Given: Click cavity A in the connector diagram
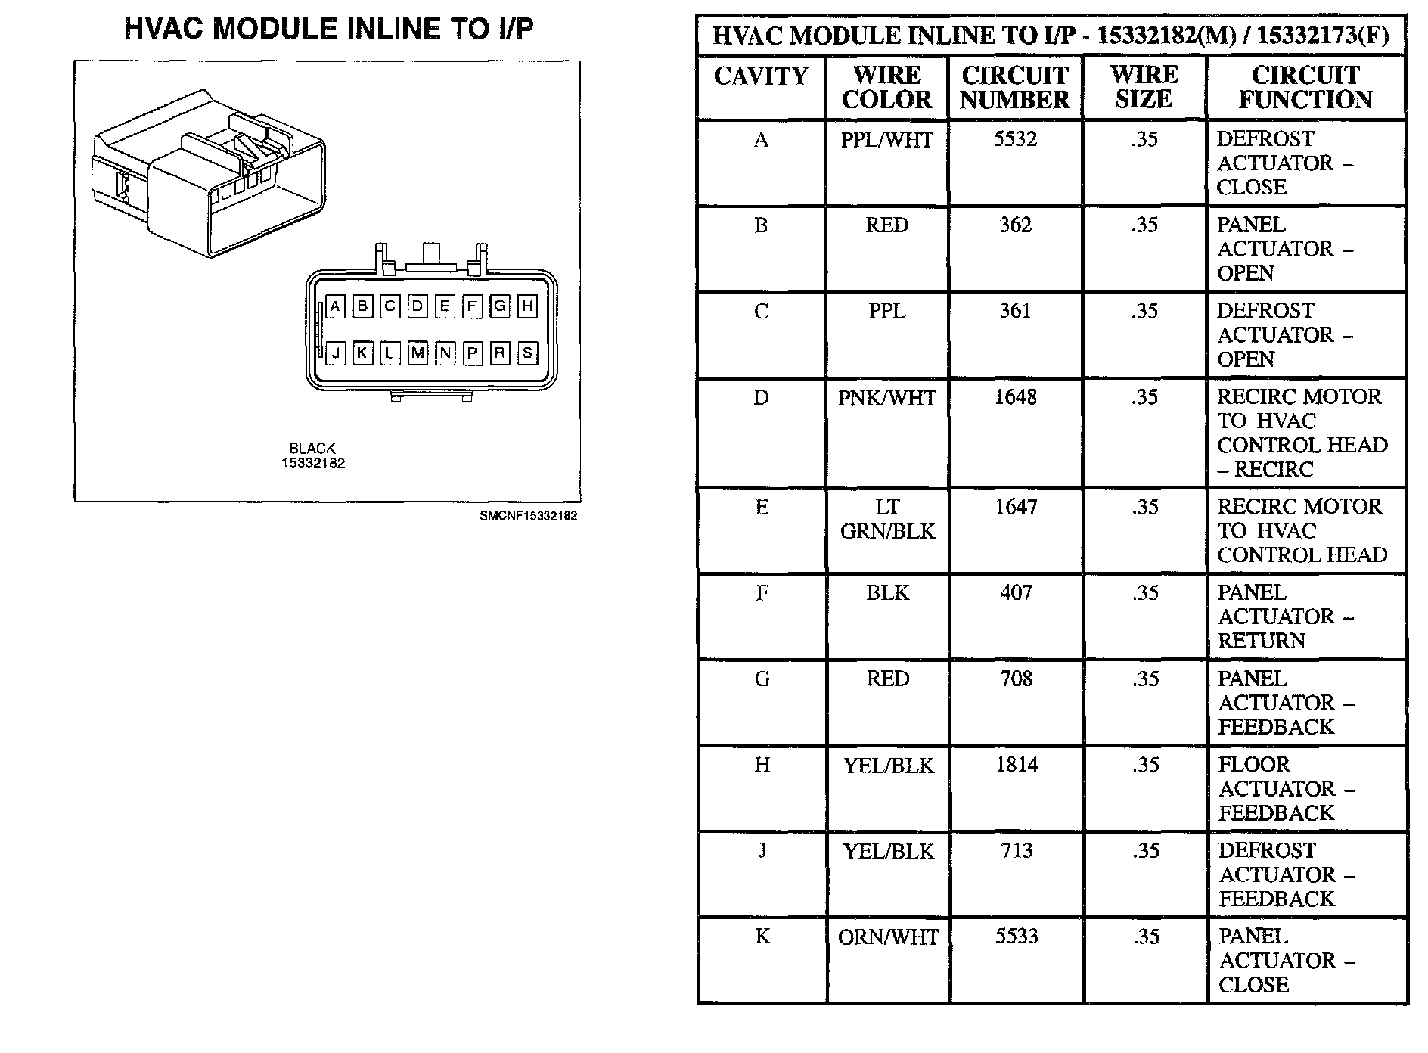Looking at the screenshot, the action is [x=335, y=306].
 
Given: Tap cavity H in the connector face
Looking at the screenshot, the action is [x=527, y=306].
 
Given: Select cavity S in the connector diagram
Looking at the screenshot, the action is [x=527, y=353].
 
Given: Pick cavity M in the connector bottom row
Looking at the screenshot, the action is [x=418, y=353].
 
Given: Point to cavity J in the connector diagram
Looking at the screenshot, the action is [x=335, y=353].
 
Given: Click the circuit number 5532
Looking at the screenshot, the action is [x=1015, y=139].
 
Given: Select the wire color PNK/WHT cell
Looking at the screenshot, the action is [x=886, y=398].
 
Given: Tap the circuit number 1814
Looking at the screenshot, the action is [x=1016, y=765].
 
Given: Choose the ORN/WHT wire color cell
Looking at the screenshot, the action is [x=887, y=937].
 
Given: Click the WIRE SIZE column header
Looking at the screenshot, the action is [x=1144, y=87].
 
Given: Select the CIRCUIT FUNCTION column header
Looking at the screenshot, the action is [x=1305, y=87].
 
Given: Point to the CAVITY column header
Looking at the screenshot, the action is [x=761, y=76].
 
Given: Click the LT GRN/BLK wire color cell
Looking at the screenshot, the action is [x=887, y=519].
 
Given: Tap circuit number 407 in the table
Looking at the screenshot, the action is [x=1016, y=592].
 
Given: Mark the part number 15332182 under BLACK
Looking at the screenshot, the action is [x=313, y=463].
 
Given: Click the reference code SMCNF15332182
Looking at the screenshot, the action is [x=528, y=516].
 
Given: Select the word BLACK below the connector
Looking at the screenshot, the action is [x=312, y=449].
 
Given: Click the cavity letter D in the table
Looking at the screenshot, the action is [x=761, y=398].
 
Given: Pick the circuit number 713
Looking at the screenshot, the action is [x=1016, y=851].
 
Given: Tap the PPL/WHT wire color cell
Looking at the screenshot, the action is [x=886, y=140].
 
